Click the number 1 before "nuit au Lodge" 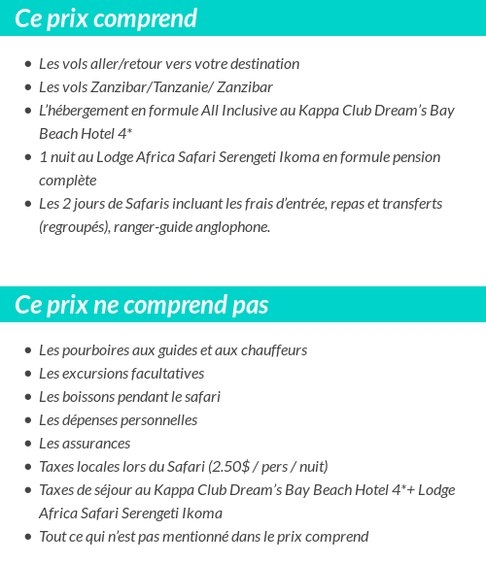[43, 157]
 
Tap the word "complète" [67, 181]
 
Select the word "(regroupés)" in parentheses [74, 227]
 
